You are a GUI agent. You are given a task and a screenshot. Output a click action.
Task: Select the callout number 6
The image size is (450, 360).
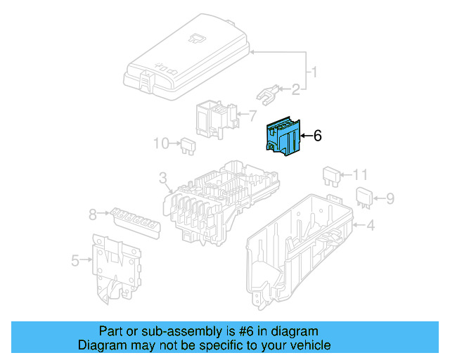click(317, 136)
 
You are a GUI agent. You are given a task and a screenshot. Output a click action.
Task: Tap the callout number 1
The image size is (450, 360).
click(315, 72)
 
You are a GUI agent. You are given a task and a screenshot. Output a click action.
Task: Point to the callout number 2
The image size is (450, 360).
click(296, 89)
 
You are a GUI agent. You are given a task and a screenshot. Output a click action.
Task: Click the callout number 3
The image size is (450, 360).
click(162, 178)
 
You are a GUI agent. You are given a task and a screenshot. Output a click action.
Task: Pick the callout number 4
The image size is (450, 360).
click(371, 225)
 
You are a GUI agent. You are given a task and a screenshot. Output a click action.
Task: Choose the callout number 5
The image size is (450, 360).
click(76, 262)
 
